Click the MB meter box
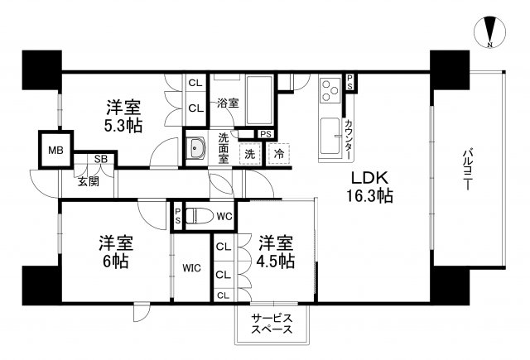pos(55,151)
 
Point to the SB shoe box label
pos(99,159)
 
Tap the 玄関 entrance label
pos(89,181)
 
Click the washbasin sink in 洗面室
pos(198,149)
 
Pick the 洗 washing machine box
pos(249,153)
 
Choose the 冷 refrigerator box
pos(279,153)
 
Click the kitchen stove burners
pos(330,89)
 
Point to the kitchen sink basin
pos(330,133)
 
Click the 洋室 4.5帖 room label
pos(276,252)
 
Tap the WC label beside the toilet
pos(224,217)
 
